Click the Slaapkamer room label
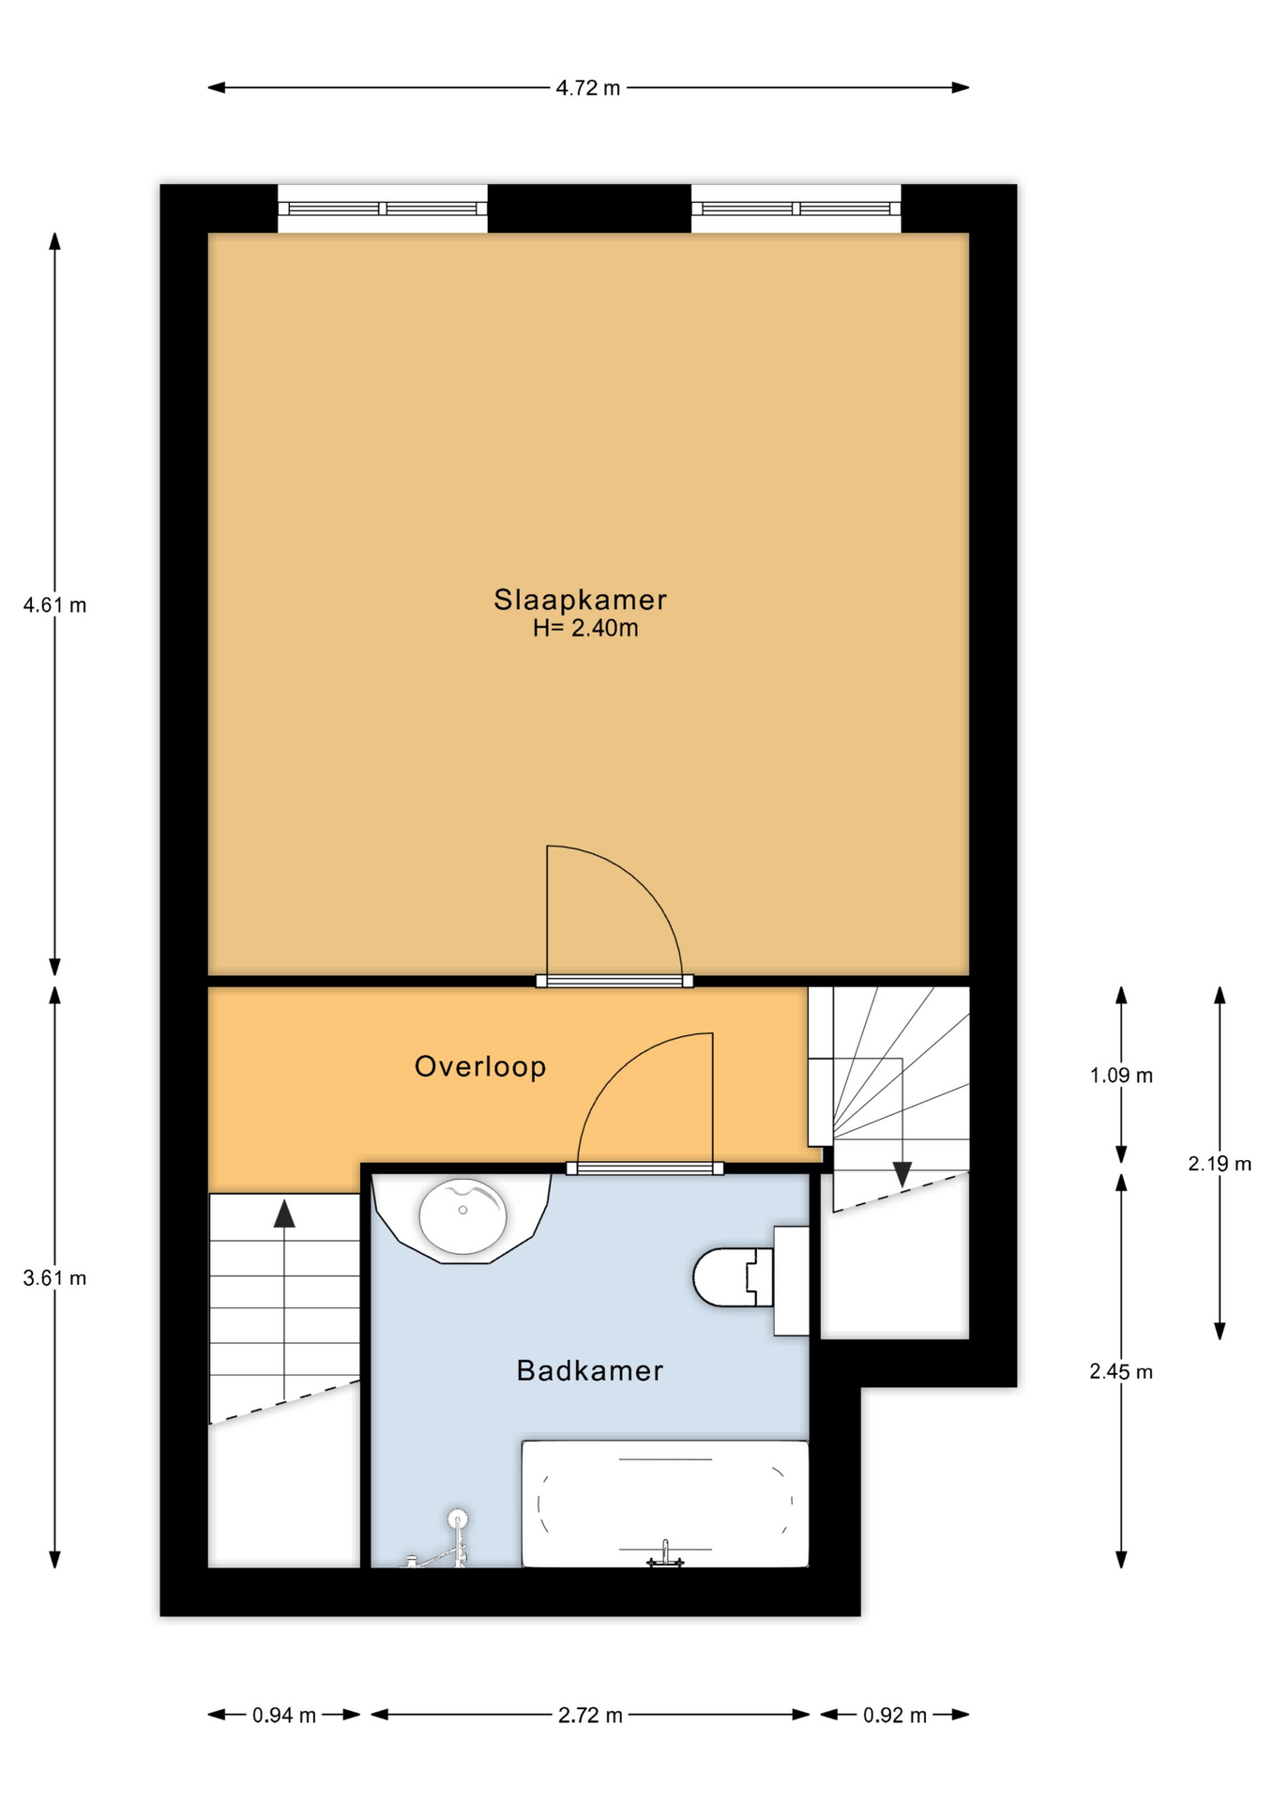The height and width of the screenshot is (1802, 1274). [x=580, y=601]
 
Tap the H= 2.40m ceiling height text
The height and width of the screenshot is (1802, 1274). [x=585, y=629]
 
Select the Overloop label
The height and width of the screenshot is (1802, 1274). [x=480, y=1067]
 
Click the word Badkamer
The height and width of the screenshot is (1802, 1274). [x=590, y=1371]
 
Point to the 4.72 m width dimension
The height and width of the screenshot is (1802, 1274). [x=588, y=88]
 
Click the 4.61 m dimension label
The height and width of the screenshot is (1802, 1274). [x=54, y=605]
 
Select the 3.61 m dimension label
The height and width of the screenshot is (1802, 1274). [x=54, y=1278]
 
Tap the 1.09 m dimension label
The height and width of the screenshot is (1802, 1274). [x=1121, y=1076]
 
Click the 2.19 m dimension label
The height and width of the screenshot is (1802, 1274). [x=1220, y=1164]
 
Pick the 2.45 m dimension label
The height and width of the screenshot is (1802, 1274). [x=1121, y=1372]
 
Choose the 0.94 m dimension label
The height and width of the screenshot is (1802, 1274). [x=284, y=1716]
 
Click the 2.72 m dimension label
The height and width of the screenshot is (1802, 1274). [x=590, y=1716]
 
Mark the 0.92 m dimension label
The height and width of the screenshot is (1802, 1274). [x=895, y=1716]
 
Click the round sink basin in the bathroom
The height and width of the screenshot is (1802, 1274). [x=463, y=1216]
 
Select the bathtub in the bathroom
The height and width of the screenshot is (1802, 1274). [x=665, y=1504]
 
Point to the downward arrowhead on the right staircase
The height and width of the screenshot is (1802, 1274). [x=902, y=1174]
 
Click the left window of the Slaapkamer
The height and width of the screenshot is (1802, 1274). [x=383, y=208]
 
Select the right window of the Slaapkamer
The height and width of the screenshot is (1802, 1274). [x=796, y=208]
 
